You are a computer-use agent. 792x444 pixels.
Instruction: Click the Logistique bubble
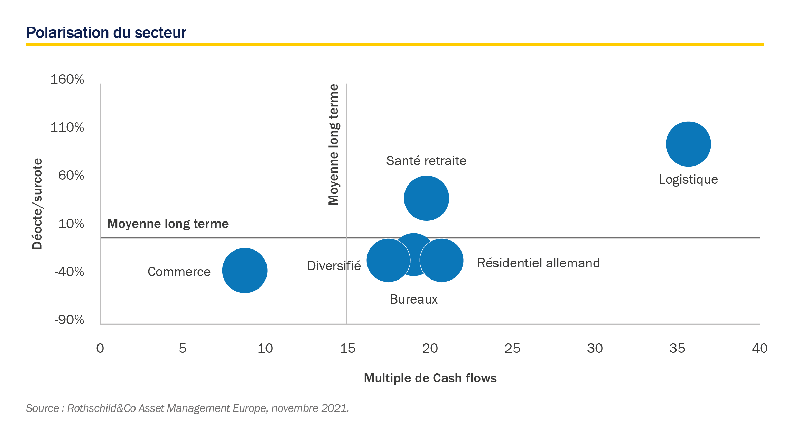click(x=688, y=144)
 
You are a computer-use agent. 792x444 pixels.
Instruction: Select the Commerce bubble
click(x=245, y=271)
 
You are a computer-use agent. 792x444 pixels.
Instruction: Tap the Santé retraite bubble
click(x=427, y=198)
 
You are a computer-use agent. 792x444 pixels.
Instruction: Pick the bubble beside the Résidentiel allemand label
click(x=442, y=260)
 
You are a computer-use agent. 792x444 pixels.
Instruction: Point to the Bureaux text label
click(x=413, y=299)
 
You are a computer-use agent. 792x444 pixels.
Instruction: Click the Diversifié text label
click(x=334, y=266)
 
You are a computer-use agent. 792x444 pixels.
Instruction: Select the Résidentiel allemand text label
click(x=538, y=263)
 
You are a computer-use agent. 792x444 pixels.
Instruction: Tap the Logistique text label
click(x=688, y=180)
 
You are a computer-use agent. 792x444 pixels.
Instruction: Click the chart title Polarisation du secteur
click(x=106, y=33)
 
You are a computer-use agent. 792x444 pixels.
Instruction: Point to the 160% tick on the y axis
click(x=67, y=79)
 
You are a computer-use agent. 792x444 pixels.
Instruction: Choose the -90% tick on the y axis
click(x=69, y=320)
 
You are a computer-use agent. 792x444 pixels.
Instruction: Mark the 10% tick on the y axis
click(x=71, y=224)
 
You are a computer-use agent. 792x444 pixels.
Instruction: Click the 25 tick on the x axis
click(x=512, y=348)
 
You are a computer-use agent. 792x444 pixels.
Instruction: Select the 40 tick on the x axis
click(x=760, y=348)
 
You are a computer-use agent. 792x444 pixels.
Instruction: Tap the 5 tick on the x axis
click(x=183, y=348)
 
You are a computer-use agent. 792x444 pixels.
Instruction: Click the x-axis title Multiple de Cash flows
click(x=430, y=378)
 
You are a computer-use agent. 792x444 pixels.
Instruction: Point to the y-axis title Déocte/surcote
click(x=37, y=204)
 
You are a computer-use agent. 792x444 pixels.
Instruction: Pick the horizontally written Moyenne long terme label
click(x=168, y=224)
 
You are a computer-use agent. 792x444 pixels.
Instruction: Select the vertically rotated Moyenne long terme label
click(x=334, y=144)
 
